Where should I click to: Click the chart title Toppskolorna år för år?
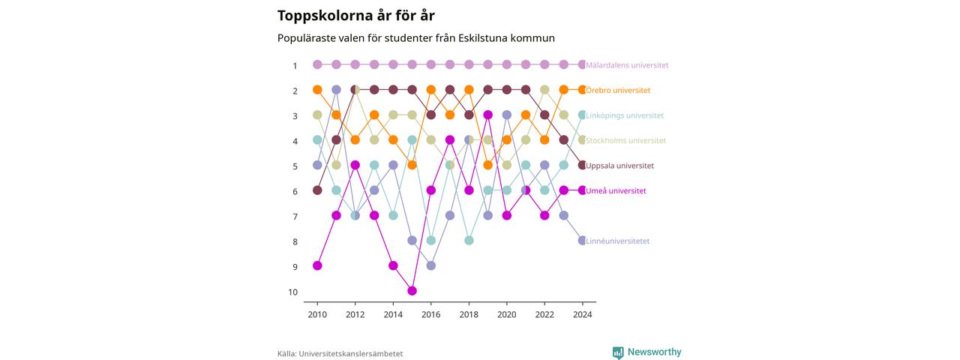click(355, 16)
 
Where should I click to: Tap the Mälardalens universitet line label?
click(627, 65)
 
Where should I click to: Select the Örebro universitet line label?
click(618, 91)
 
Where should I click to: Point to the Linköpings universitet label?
click(625, 115)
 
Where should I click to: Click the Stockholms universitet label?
click(625, 140)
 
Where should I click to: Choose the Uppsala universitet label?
click(619, 166)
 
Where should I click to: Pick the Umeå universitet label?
click(616, 190)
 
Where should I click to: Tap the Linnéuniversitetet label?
click(617, 241)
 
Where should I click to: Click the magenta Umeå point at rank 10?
click(412, 291)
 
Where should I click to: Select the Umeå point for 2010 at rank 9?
click(317, 265)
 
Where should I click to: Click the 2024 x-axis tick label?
click(583, 314)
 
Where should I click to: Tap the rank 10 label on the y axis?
click(292, 292)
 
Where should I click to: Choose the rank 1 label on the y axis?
click(295, 66)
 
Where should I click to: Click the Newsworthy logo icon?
click(618, 352)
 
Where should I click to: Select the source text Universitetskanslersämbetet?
click(350, 354)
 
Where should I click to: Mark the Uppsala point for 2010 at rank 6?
click(317, 190)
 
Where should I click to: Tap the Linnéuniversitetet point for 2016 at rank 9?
click(431, 265)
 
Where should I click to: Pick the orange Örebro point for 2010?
click(317, 89)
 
